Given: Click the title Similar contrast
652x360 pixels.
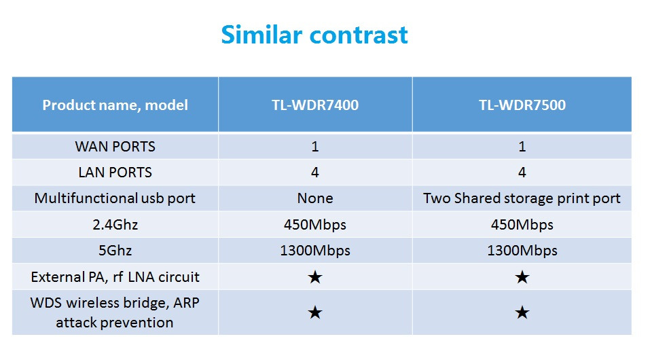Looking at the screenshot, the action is point(314,34).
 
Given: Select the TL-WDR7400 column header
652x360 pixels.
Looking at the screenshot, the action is point(315,105).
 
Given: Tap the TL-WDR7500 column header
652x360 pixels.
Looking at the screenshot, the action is point(522,105).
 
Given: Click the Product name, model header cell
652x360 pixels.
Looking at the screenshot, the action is point(115,105).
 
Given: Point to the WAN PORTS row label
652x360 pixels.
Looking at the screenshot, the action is point(115,146).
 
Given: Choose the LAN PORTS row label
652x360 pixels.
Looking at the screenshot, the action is point(115,172).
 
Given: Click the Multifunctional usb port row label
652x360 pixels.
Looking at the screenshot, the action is point(115,198).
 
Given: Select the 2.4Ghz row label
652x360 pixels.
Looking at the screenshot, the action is point(115,224).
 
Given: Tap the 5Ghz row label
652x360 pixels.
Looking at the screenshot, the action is point(115,250).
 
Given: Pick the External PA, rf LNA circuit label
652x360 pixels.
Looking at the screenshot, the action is point(115,277).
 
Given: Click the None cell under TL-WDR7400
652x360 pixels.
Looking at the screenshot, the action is point(315,198).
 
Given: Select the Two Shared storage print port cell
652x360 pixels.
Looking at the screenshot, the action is point(522,198).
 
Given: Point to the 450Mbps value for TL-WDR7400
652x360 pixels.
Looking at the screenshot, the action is point(315,225).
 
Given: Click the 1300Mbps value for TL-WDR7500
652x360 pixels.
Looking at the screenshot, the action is point(522,251).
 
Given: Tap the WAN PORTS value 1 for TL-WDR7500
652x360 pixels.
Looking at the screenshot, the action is point(522,146).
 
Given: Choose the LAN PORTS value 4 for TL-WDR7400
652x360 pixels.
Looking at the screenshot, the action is point(315,172).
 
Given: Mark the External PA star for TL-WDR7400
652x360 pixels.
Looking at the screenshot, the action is point(315,277).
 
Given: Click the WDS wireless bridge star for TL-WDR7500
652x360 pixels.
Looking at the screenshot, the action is point(522,312).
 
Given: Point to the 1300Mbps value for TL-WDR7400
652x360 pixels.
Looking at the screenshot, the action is point(315,251).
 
